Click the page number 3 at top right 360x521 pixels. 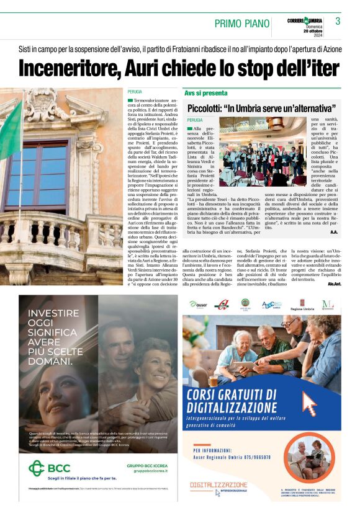pos(338,21)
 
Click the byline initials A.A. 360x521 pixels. pos(334,233)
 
